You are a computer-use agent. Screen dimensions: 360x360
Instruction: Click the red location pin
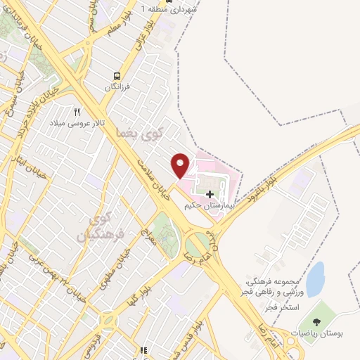[x=181, y=165]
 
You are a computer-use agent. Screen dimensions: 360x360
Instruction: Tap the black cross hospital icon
[x=210, y=193]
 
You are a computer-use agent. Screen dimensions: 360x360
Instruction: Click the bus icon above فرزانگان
[x=117, y=77]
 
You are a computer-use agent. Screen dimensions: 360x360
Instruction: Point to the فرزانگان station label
[x=117, y=87]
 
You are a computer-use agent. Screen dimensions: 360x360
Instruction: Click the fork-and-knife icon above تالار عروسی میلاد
[x=77, y=112]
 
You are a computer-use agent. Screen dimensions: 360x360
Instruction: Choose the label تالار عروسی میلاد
[x=76, y=123]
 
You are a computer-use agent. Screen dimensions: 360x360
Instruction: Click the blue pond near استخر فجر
[x=316, y=278]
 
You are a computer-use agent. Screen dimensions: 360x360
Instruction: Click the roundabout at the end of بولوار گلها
[x=108, y=321]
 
